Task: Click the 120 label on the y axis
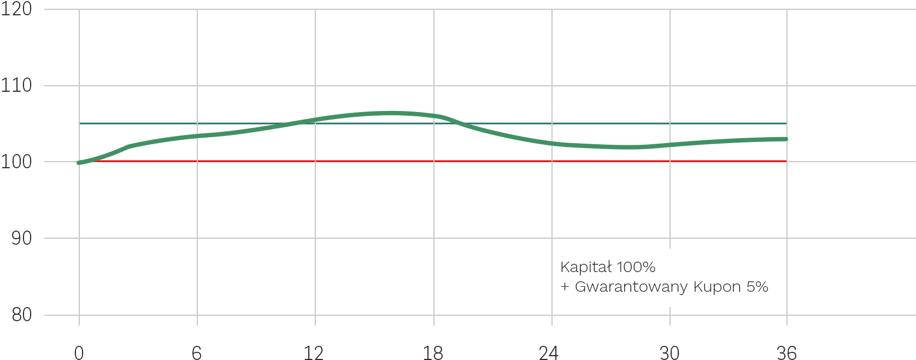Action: coord(16,9)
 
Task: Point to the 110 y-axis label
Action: coord(16,85)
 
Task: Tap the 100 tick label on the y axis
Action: coord(16,162)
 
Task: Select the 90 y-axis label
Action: coord(22,238)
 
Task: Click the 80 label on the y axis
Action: coord(22,315)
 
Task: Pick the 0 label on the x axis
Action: coord(79,353)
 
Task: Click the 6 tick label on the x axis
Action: coord(197,353)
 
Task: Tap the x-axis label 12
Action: coord(314,353)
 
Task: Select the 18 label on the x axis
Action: coord(433,353)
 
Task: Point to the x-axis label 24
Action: coord(549,353)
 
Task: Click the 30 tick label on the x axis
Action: coord(670,353)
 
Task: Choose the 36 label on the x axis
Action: coord(786,353)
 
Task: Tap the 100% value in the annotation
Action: coord(636,267)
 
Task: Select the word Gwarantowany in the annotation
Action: coord(631,287)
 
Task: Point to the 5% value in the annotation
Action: coord(758,287)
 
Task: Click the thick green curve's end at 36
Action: coord(786,139)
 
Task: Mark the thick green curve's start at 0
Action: coord(79,163)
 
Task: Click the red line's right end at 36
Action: coord(786,161)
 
